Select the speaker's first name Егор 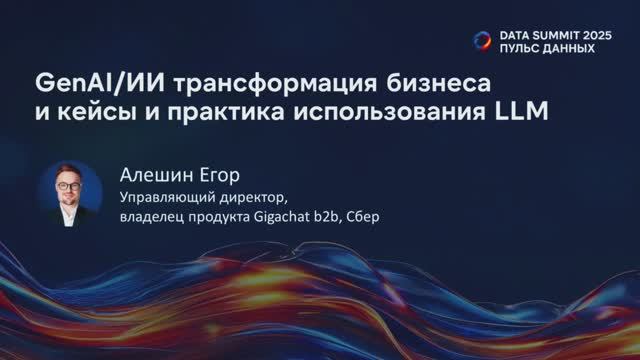click(x=214, y=174)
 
